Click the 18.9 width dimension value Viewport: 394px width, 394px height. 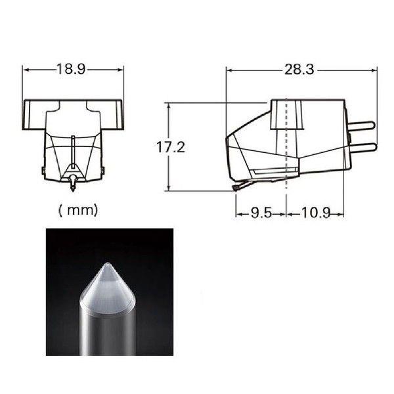click(x=72, y=69)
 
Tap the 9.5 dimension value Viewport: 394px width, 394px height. click(x=261, y=213)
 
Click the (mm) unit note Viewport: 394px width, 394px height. click(x=77, y=210)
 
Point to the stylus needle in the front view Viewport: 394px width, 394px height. click(x=73, y=185)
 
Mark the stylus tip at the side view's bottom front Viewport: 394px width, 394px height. click(x=236, y=188)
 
